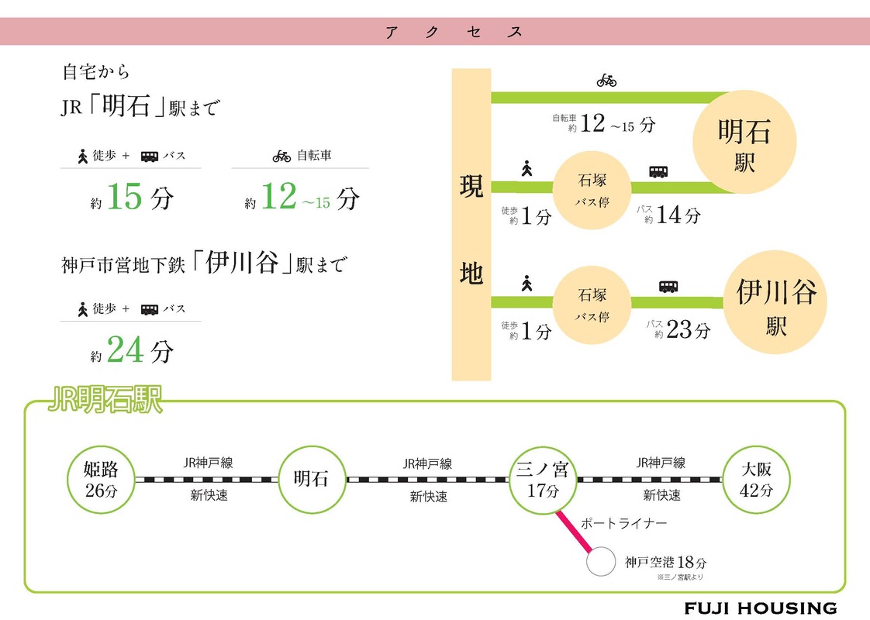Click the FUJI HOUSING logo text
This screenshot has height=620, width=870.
point(760,608)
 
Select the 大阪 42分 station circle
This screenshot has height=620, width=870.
point(756,480)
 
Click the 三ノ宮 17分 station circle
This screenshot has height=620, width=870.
point(543,480)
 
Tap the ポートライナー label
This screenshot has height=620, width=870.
point(623,523)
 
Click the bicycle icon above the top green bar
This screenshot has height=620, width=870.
point(606,80)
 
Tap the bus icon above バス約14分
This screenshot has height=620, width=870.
point(658,171)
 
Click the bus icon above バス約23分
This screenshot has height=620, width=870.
point(668,286)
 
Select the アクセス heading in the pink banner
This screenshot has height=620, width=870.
point(454,32)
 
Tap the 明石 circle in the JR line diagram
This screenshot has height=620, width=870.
point(311,480)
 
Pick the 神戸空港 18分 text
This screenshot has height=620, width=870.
point(660,563)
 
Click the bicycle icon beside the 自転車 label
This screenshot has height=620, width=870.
point(281,156)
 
